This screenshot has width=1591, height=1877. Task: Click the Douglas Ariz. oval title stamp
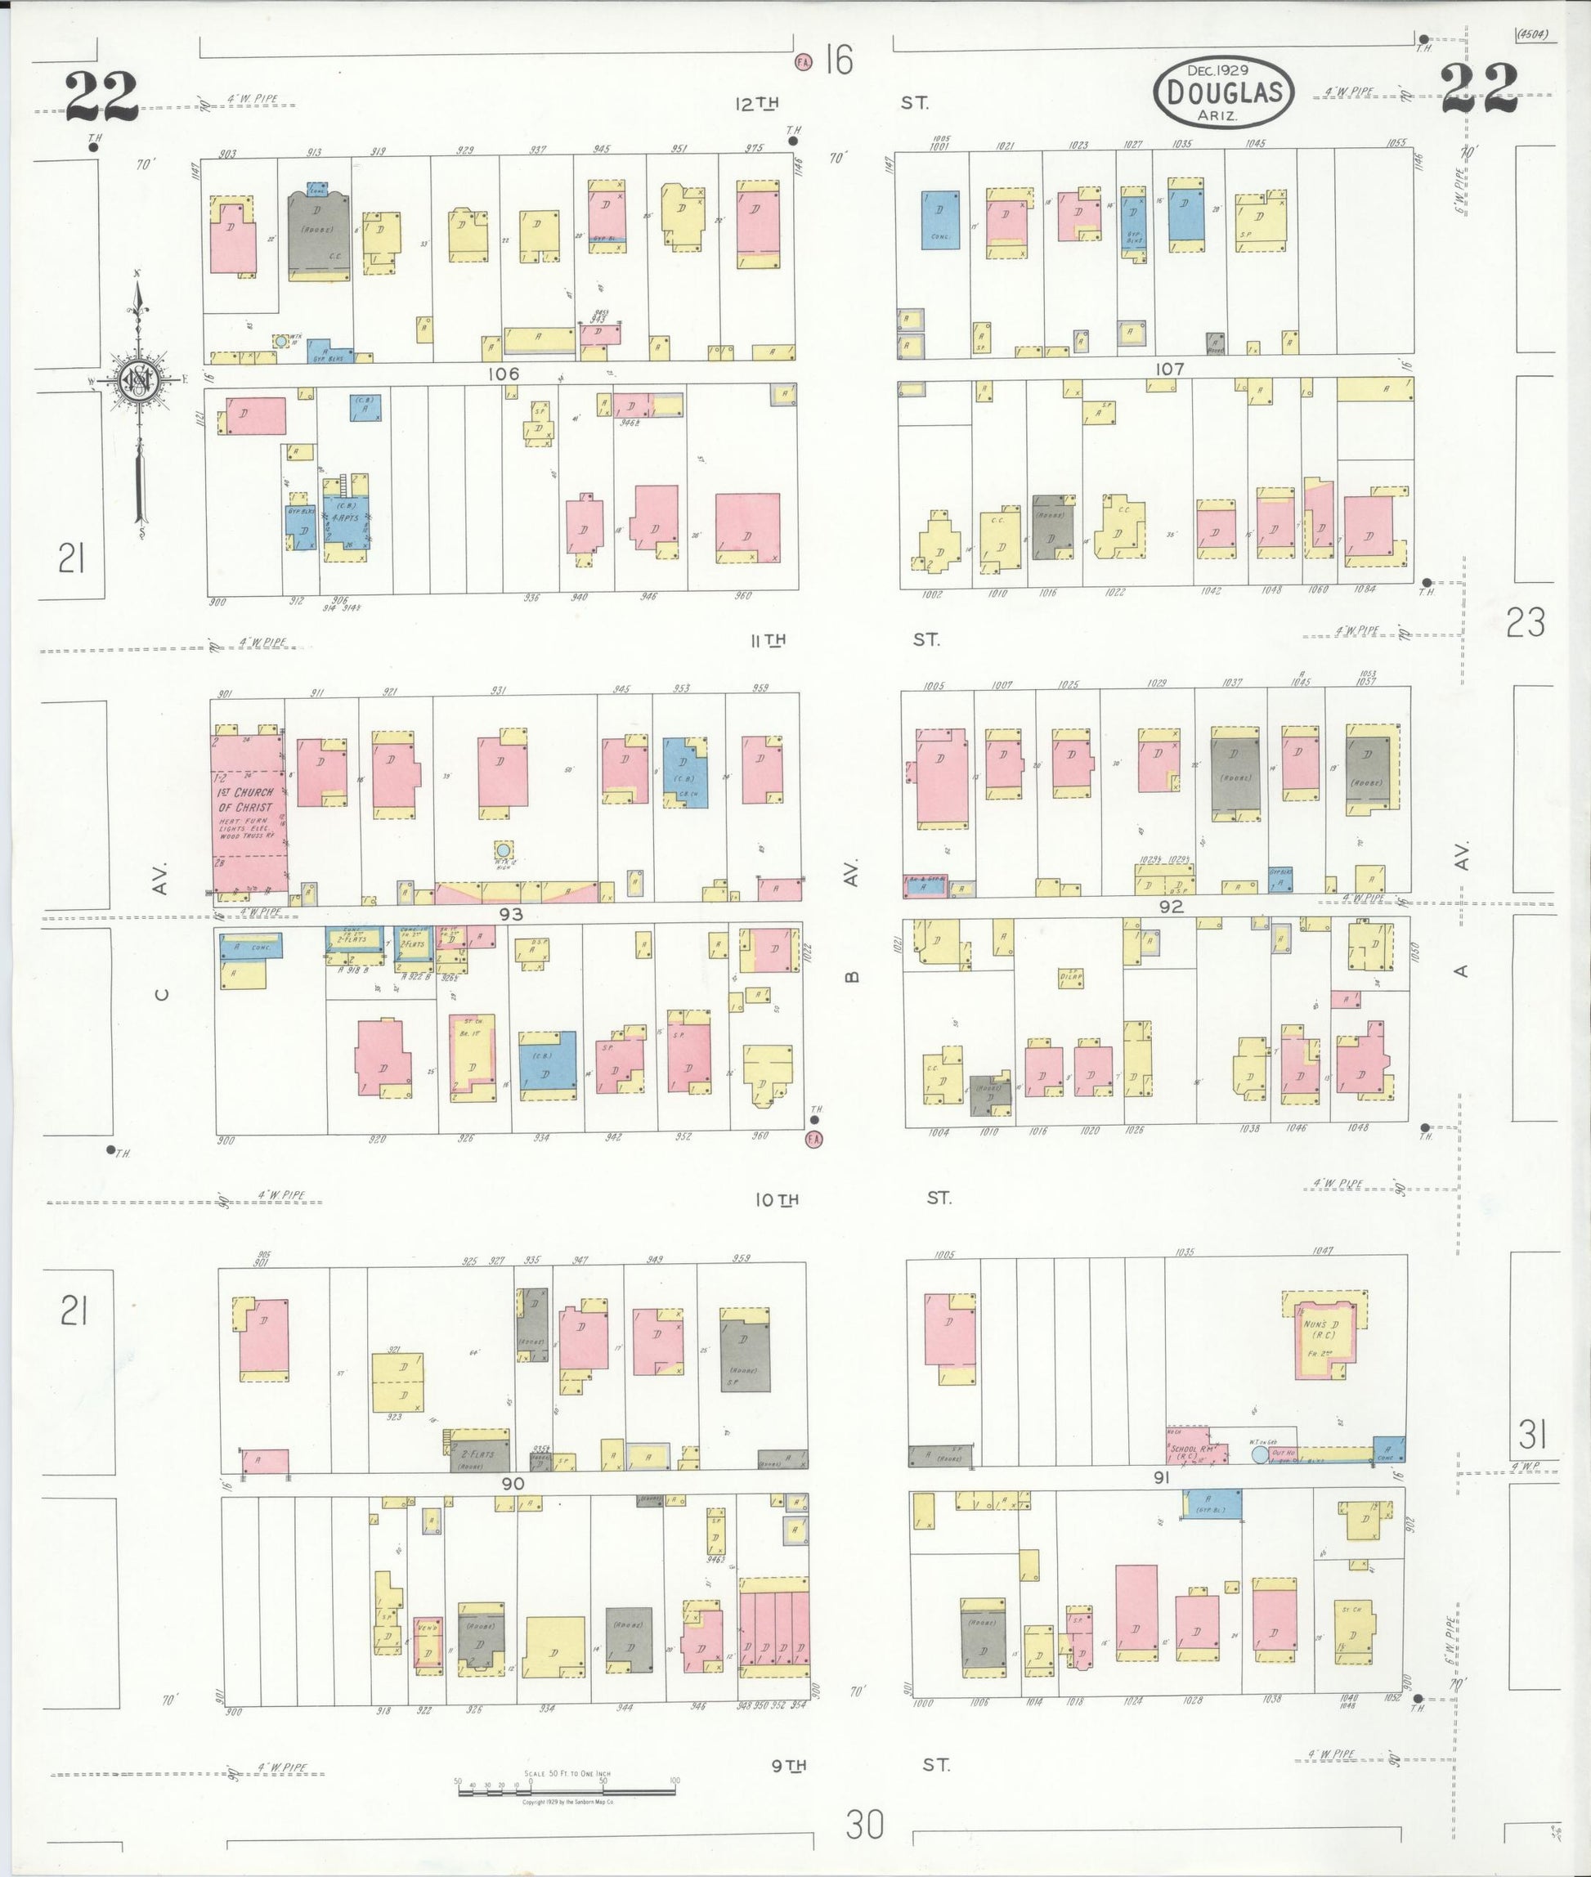(1224, 92)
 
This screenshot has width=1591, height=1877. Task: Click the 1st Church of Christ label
(245, 800)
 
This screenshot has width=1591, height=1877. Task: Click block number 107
(1169, 369)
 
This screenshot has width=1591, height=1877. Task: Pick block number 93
(510, 915)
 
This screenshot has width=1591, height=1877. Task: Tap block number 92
(1171, 907)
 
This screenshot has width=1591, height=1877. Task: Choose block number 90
(513, 1484)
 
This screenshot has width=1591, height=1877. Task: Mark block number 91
(1161, 1477)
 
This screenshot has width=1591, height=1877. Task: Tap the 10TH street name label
(776, 1199)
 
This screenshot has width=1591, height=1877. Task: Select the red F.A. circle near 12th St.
(802, 62)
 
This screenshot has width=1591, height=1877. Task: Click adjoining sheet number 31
(1532, 1433)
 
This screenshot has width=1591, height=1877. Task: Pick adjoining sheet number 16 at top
(839, 61)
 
